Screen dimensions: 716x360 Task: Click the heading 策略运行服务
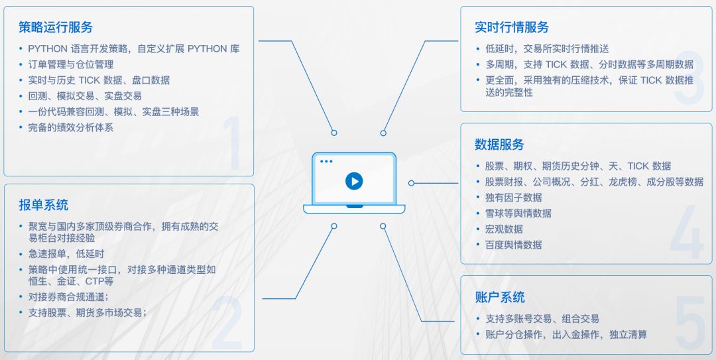(56, 27)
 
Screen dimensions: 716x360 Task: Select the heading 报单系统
(43, 205)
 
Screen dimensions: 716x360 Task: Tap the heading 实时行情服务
(512, 27)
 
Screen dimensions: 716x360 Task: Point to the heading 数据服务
(499, 145)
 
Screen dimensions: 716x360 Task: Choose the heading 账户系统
(499, 297)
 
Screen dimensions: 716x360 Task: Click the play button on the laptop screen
(353, 181)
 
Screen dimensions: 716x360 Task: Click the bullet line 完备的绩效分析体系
(70, 127)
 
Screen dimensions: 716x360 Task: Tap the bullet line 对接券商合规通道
(68, 296)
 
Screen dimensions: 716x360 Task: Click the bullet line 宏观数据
(504, 229)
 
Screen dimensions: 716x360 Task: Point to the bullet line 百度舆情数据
(513, 245)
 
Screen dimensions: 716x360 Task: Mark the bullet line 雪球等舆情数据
(518, 213)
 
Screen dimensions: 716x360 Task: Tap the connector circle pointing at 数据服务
(411, 183)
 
